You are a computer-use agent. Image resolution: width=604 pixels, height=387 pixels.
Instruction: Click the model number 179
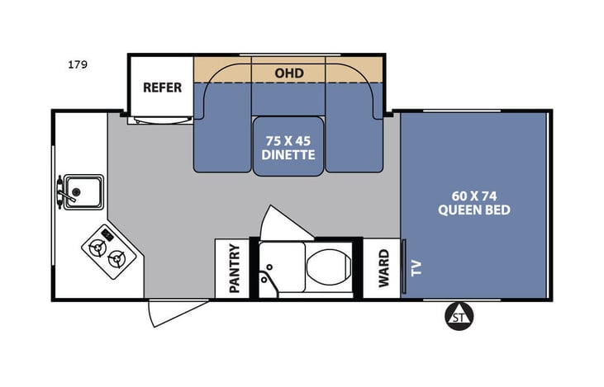79,64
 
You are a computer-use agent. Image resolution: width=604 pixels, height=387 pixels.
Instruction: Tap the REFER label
162,87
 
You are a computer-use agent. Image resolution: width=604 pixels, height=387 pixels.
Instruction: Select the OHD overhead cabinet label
288,73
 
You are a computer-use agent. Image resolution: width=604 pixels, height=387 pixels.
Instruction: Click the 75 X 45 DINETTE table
289,147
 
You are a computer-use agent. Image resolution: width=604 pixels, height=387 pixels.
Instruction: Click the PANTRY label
234,268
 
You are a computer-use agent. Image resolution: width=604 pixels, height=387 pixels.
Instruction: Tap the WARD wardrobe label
383,268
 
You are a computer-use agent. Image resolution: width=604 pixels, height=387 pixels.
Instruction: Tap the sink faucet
62,192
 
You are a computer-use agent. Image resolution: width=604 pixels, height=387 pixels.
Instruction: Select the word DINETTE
289,153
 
